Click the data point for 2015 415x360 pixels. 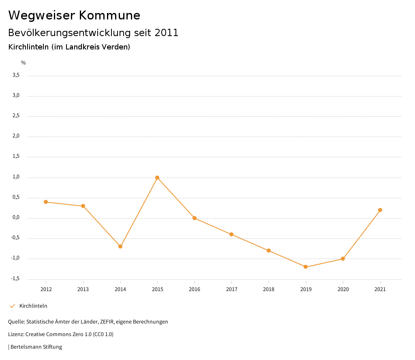(x=157, y=178)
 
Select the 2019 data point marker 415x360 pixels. (x=306, y=267)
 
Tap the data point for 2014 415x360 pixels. (x=120, y=246)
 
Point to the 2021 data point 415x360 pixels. (x=380, y=210)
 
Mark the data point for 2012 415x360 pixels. (x=46, y=202)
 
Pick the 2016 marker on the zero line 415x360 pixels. (x=195, y=218)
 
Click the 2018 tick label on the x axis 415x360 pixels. (x=269, y=289)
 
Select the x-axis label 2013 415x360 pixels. (x=83, y=289)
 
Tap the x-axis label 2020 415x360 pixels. (x=343, y=289)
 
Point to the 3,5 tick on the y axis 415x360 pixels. (x=16, y=75)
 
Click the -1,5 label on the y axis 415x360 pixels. (x=15, y=279)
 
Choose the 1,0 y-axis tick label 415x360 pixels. (x=16, y=177)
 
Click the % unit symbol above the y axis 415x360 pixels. (x=24, y=63)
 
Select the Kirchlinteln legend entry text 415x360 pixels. (x=33, y=306)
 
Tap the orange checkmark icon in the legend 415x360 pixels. (x=12, y=306)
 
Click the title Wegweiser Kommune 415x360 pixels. (x=74, y=15)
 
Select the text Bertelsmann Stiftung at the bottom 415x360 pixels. (x=36, y=347)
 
